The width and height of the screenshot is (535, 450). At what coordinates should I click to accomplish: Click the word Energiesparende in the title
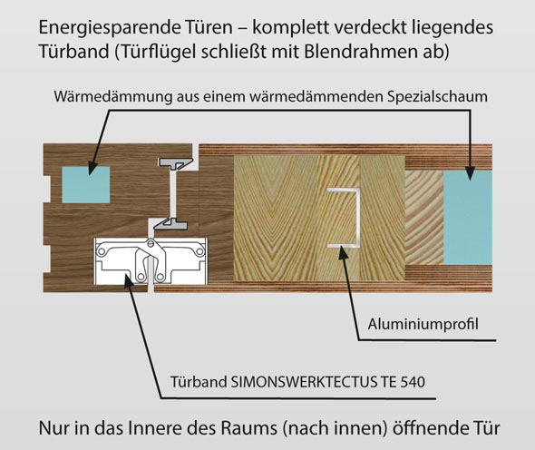coord(101,28)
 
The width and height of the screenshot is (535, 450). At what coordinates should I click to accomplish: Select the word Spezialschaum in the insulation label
coord(437,97)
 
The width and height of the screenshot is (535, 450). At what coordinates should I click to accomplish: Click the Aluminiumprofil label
coord(423,324)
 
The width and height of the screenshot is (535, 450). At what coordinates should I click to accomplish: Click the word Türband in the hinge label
coord(199,382)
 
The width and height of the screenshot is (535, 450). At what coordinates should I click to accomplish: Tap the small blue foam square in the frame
coord(86,185)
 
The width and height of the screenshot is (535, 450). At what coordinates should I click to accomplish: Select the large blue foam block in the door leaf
coord(468,218)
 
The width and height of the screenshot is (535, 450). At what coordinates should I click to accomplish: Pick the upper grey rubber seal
coord(176,163)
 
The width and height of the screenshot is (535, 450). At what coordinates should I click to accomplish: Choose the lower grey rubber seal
coord(170,224)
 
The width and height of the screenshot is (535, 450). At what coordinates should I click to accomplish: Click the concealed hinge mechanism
coord(151,261)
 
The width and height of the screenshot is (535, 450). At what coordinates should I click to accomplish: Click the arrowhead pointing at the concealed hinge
coord(128,281)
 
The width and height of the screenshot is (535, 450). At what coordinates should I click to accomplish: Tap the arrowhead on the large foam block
coord(470,172)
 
